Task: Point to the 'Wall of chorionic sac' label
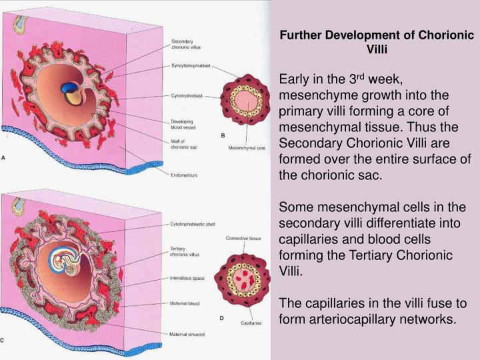(185, 144)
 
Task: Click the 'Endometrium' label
(185, 175)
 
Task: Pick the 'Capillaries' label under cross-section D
(251, 323)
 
